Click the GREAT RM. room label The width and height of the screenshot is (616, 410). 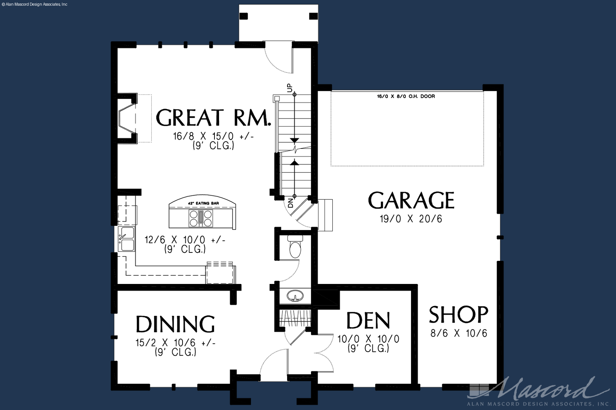(x=213, y=118)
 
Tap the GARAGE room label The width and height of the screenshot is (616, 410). (x=411, y=200)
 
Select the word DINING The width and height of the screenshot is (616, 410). (x=175, y=324)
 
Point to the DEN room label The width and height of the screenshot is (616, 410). (x=368, y=320)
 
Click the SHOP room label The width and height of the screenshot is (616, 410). (x=459, y=314)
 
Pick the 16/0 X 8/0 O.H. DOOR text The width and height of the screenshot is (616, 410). (x=406, y=96)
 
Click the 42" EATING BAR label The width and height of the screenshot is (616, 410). (x=203, y=203)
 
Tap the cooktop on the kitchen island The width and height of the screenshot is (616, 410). (x=201, y=218)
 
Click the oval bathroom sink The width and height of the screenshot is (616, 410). (x=295, y=296)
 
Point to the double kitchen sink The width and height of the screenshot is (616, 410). (x=127, y=239)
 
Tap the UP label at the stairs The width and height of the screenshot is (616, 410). (x=290, y=88)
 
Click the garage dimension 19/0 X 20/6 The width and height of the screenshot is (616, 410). (x=411, y=219)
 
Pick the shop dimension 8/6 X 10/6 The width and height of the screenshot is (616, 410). (x=459, y=333)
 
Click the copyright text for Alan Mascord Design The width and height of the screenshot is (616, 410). (x=34, y=4)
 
